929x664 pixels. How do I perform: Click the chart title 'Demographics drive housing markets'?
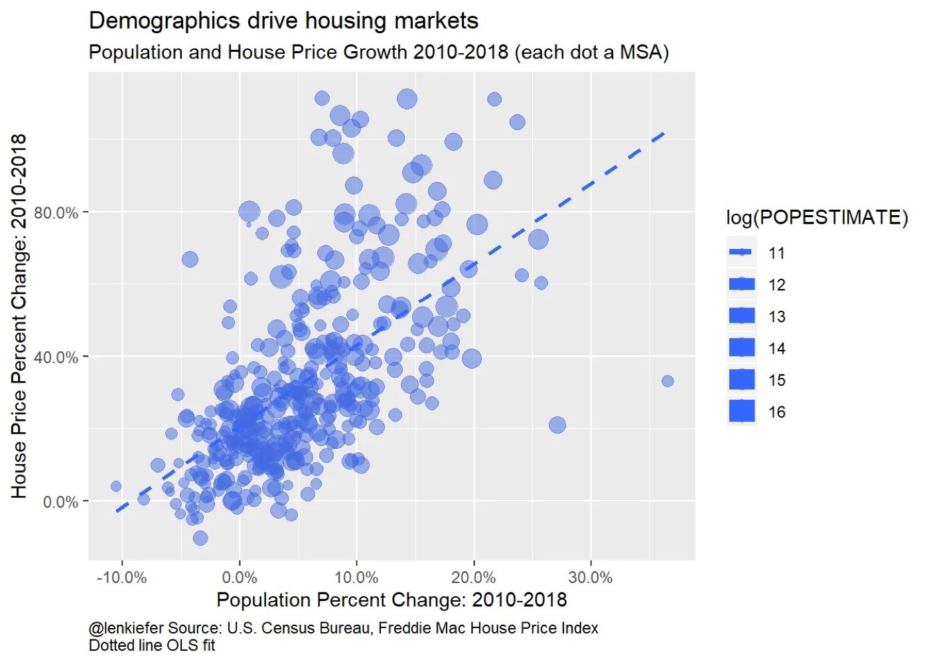pos(283,21)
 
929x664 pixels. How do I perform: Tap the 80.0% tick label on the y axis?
pos(56,213)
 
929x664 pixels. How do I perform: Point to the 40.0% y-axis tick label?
pos(56,357)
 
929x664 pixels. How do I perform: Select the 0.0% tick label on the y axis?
pos(60,502)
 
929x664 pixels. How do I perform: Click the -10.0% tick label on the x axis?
pos(121,578)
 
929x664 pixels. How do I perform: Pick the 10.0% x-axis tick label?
pos(356,578)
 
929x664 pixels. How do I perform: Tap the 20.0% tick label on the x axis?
pos(473,578)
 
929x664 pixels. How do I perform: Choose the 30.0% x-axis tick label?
pos(591,578)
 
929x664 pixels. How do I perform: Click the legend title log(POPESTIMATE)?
pos(817,218)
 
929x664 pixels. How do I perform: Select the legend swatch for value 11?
pos(741,252)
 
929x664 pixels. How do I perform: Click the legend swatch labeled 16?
pos(741,412)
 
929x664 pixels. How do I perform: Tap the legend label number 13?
pos(777,317)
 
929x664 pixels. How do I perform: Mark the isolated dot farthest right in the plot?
pos(668,381)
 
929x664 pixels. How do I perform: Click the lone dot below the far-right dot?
pos(557,425)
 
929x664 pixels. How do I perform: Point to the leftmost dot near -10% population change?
pos(116,487)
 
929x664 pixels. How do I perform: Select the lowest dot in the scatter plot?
pos(200,538)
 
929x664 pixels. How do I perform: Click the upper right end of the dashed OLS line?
pos(663,134)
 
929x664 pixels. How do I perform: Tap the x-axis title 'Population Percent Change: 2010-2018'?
pos(392,600)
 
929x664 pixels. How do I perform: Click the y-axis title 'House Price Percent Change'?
pos(19,315)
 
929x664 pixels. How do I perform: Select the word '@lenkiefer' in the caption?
pos(125,628)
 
